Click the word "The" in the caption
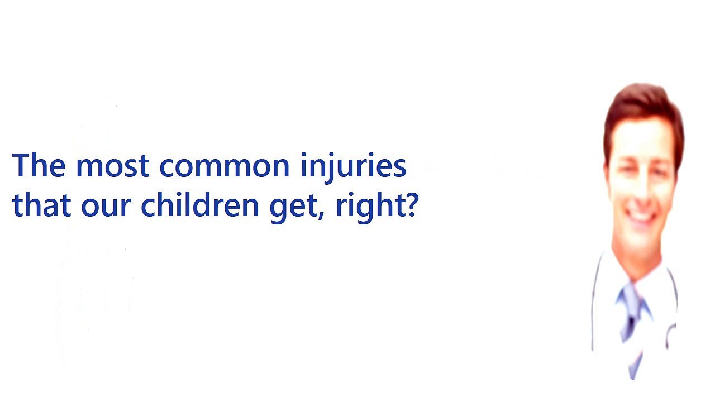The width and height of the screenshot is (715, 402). click(x=39, y=166)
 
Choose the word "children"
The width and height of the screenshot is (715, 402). click(x=200, y=205)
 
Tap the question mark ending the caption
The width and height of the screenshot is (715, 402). click(x=412, y=205)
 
